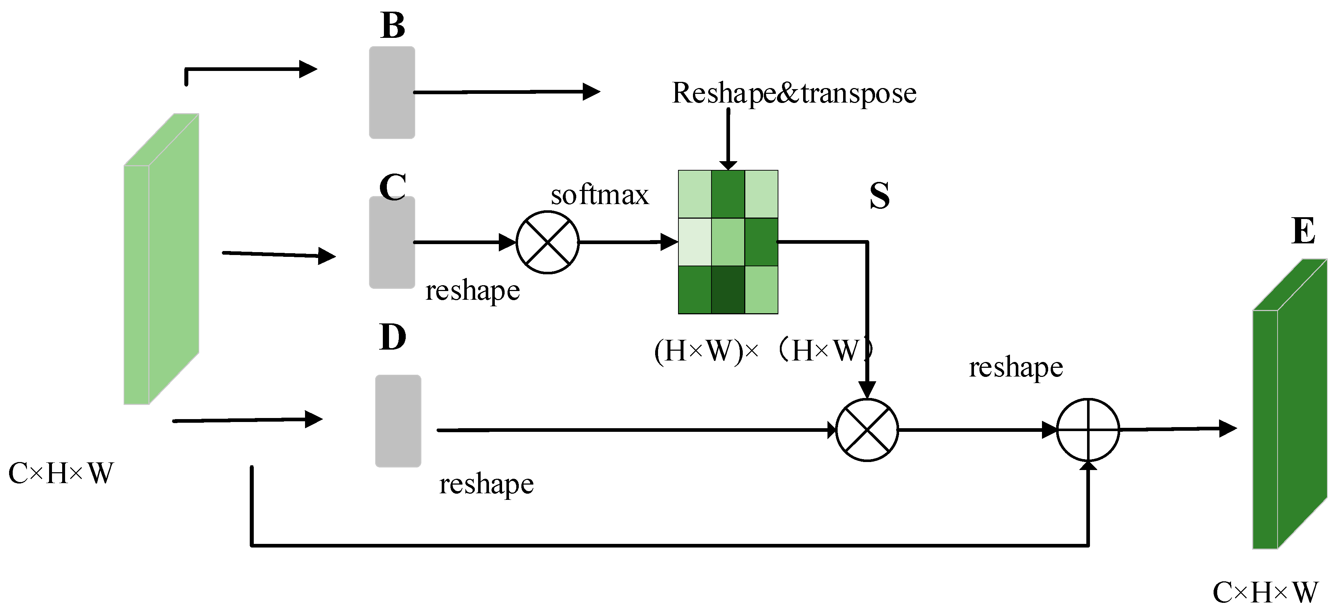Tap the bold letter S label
[879, 196]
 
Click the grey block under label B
[392, 92]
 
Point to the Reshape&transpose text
[794, 93]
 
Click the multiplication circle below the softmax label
[548, 242]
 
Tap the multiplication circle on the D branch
[866, 430]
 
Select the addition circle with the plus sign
[1088, 430]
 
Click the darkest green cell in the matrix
[728, 290]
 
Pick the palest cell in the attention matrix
[695, 242]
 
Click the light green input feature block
[161, 259]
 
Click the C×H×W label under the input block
[61, 474]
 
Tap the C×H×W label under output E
[1265, 592]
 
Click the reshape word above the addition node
[1016, 367]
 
